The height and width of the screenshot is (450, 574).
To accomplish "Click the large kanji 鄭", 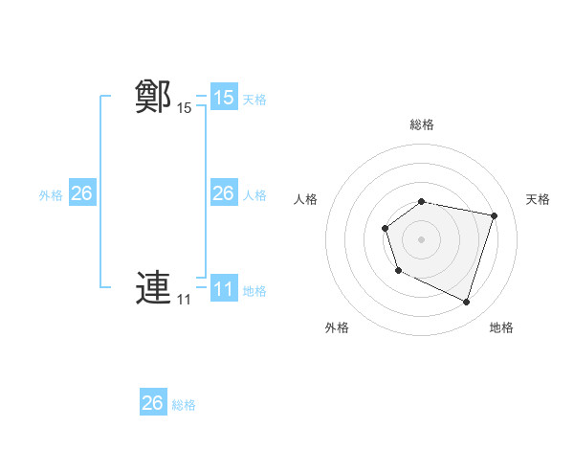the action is pyautogui.click(x=153, y=98).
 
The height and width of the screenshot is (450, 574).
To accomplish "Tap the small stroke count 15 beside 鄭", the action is pyautogui.click(x=184, y=108).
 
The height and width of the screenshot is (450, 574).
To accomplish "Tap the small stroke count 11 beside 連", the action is pyautogui.click(x=184, y=300).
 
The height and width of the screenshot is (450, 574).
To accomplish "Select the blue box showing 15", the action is pyautogui.click(x=224, y=98).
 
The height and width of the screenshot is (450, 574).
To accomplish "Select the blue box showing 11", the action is pyautogui.click(x=224, y=289).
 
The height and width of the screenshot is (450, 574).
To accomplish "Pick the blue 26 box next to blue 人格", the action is pyautogui.click(x=224, y=193).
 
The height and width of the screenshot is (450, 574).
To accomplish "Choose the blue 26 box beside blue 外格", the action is pyautogui.click(x=81, y=193).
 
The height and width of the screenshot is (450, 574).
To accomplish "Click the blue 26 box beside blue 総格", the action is pyautogui.click(x=153, y=403).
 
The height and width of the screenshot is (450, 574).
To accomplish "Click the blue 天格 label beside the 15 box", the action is pyautogui.click(x=254, y=99).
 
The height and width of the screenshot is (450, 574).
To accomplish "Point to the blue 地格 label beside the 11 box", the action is pyautogui.click(x=254, y=291).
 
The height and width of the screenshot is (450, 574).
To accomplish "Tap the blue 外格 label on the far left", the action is pyautogui.click(x=51, y=195).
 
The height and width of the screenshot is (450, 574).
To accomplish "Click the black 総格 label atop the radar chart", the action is pyautogui.click(x=422, y=124).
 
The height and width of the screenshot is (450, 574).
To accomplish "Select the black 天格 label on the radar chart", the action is pyautogui.click(x=539, y=199).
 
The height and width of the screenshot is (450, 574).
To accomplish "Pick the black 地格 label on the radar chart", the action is pyautogui.click(x=501, y=327).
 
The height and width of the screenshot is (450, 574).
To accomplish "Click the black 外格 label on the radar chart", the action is pyautogui.click(x=337, y=327).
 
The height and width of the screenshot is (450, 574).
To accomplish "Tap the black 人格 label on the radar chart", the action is pyautogui.click(x=306, y=199).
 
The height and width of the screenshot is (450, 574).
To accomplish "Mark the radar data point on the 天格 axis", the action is pyautogui.click(x=495, y=215).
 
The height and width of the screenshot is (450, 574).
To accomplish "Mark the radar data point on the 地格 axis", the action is pyautogui.click(x=466, y=302).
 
